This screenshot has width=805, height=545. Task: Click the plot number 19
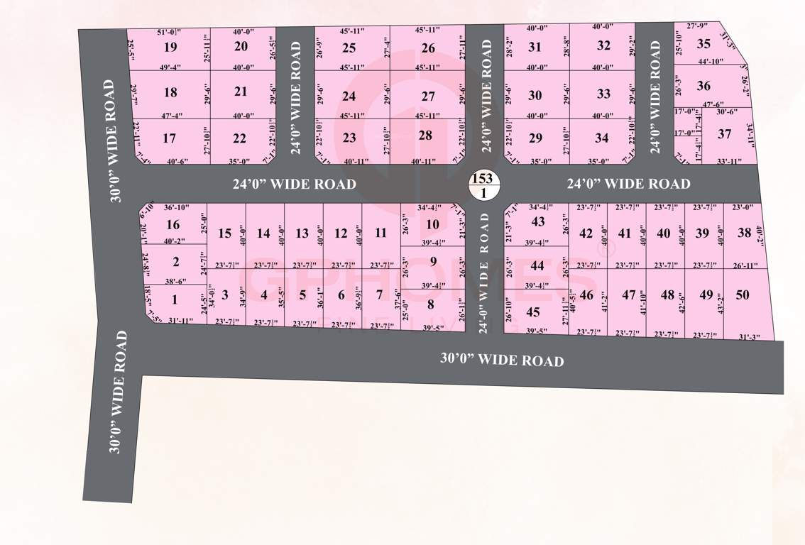pyautogui.click(x=170, y=48)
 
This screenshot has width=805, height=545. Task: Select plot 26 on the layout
pyautogui.click(x=427, y=48)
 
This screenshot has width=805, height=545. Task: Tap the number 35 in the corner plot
pyautogui.click(x=703, y=44)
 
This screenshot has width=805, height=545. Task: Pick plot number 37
pyautogui.click(x=724, y=133)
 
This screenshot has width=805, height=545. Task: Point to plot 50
pyautogui.click(x=743, y=295)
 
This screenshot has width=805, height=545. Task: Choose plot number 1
pyautogui.click(x=175, y=299)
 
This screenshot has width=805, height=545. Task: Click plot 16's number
pyautogui.click(x=172, y=225)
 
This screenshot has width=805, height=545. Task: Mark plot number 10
pyautogui.click(x=432, y=224)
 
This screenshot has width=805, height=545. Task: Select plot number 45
pyautogui.click(x=533, y=312)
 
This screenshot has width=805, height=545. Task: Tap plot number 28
pyautogui.click(x=425, y=135)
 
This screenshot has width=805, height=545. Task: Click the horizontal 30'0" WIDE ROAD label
pyautogui.click(x=502, y=360)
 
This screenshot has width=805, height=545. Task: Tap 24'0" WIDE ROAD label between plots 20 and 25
pyautogui.click(x=295, y=97)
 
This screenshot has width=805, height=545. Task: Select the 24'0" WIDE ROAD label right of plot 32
pyautogui.click(x=655, y=97)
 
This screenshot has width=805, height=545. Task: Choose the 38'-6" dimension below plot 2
pyautogui.click(x=171, y=281)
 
